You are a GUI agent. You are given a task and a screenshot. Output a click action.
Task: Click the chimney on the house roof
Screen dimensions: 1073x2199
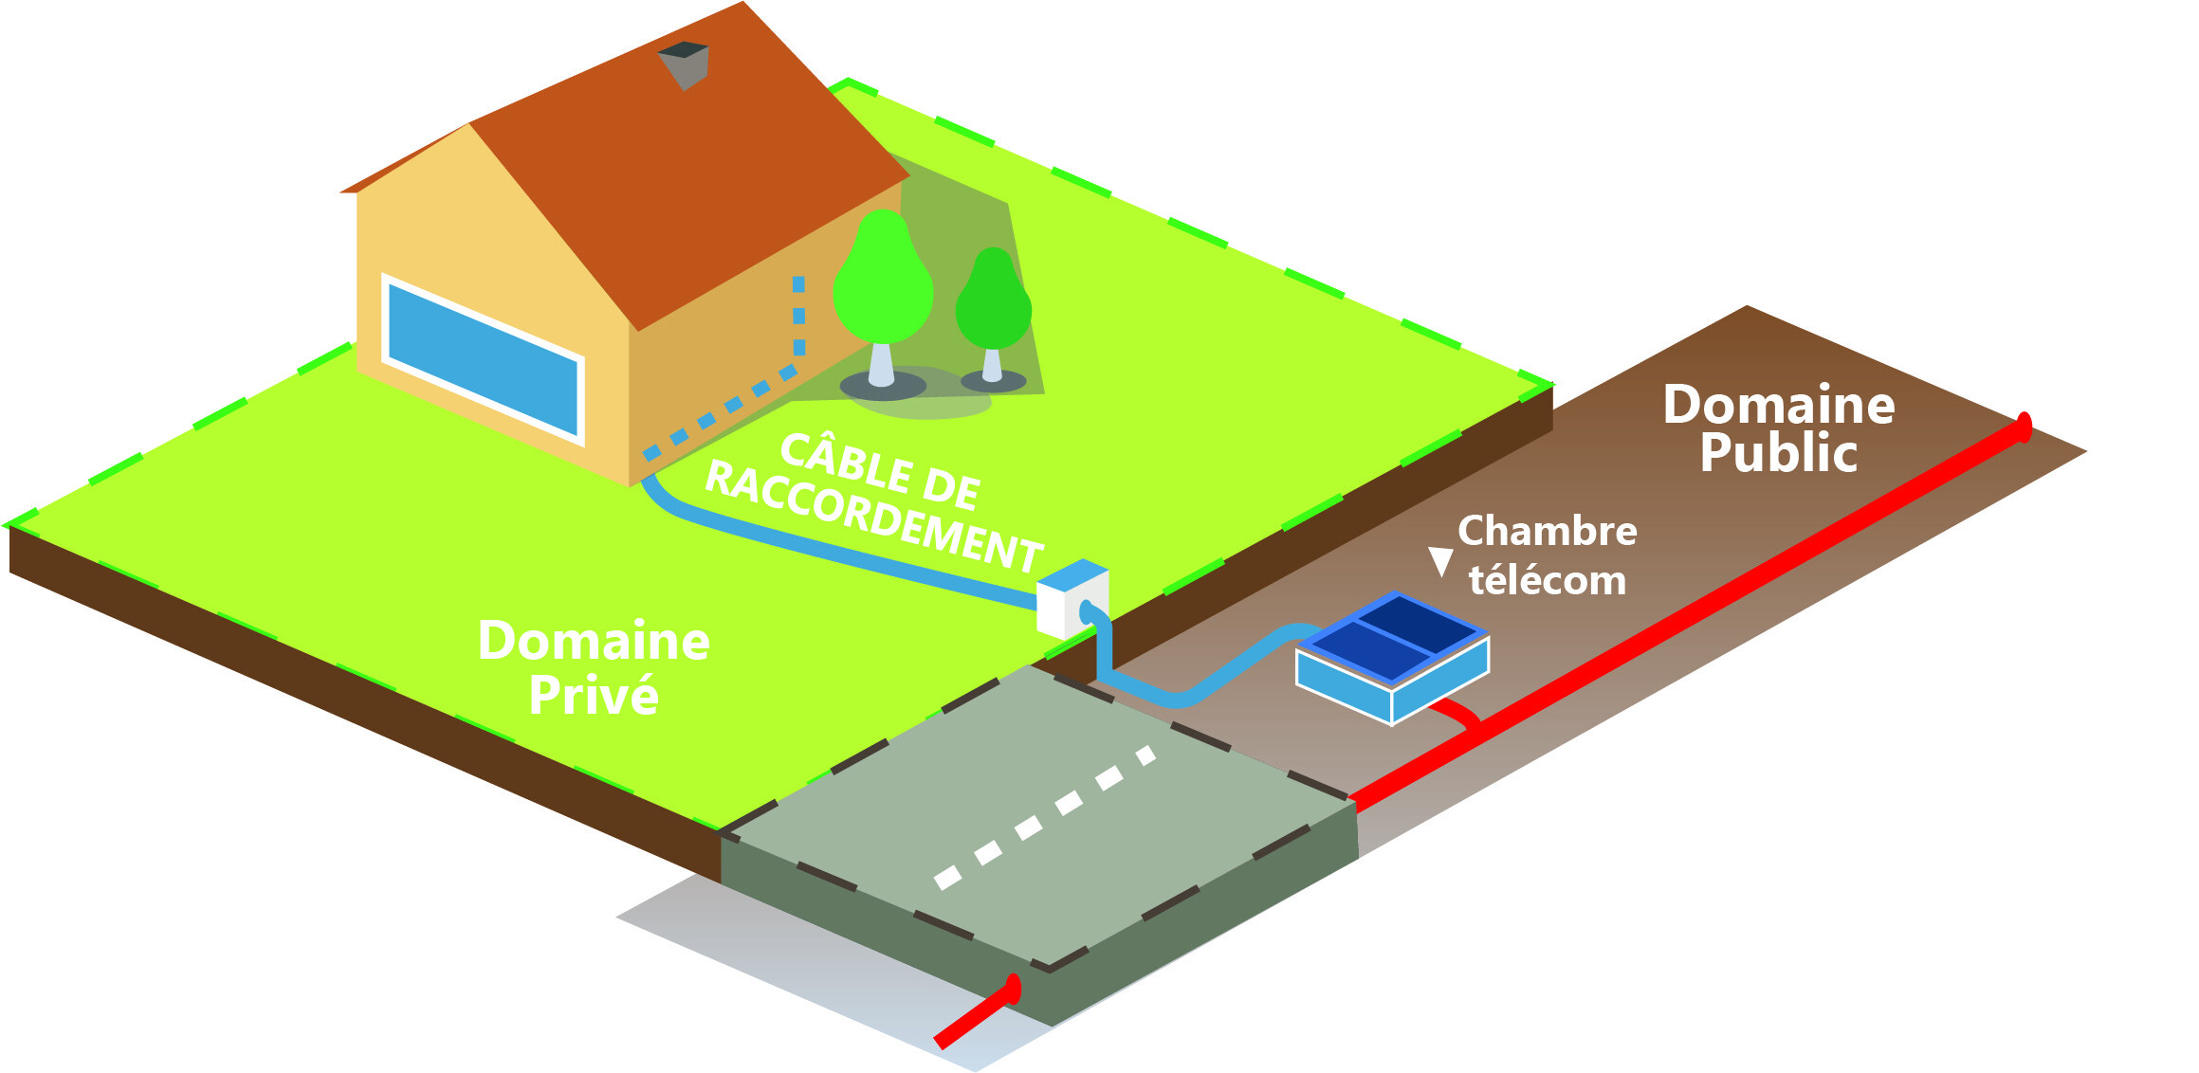pos(685,64)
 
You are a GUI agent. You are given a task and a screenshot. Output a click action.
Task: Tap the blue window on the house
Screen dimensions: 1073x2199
pos(483,358)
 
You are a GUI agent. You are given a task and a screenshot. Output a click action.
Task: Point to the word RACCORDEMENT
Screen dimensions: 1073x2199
pos(872,518)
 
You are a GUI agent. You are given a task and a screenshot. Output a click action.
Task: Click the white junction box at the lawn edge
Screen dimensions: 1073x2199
pos(1072,600)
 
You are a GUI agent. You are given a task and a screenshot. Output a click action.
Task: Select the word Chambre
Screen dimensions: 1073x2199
pos(1547,531)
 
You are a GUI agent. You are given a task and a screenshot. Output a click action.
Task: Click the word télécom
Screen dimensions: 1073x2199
pos(1547,580)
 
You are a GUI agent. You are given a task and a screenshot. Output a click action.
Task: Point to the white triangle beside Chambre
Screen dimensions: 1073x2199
pos(1440,560)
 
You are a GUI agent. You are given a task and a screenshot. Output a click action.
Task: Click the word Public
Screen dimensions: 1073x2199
pos(1778,453)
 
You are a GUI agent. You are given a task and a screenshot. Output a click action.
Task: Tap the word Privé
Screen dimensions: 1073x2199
pos(594,695)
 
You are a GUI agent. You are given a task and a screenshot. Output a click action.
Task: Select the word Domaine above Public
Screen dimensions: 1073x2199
pos(1779,405)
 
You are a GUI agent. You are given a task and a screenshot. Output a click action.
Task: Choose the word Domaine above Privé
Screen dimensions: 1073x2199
pos(594,641)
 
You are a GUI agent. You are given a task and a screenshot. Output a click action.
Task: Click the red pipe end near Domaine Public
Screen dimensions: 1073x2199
pos(2023,427)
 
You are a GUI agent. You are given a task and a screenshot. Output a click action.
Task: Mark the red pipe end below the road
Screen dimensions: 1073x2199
pos(1013,991)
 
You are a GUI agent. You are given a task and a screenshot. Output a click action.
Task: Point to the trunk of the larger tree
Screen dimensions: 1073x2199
pos(881,365)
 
